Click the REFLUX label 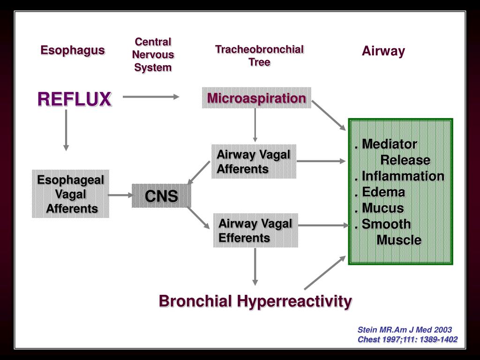click(75, 99)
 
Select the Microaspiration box click(256, 98)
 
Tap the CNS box click(161, 196)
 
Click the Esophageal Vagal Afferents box click(70, 194)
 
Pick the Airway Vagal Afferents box click(254, 162)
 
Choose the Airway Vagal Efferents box click(255, 231)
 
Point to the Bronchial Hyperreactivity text click(255, 301)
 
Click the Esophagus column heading click(72, 50)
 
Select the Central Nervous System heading click(153, 54)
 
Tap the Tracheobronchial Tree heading click(259, 55)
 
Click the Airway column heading click(383, 51)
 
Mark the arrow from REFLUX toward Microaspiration click(151, 97)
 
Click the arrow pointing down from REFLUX click(66, 130)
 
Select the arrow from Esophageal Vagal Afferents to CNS click(120, 195)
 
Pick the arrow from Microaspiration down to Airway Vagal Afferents click(255, 125)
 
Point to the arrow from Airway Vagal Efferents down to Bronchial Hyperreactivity click(255, 266)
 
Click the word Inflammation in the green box click(402, 176)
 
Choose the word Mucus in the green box click(382, 208)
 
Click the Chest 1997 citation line click(407, 339)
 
